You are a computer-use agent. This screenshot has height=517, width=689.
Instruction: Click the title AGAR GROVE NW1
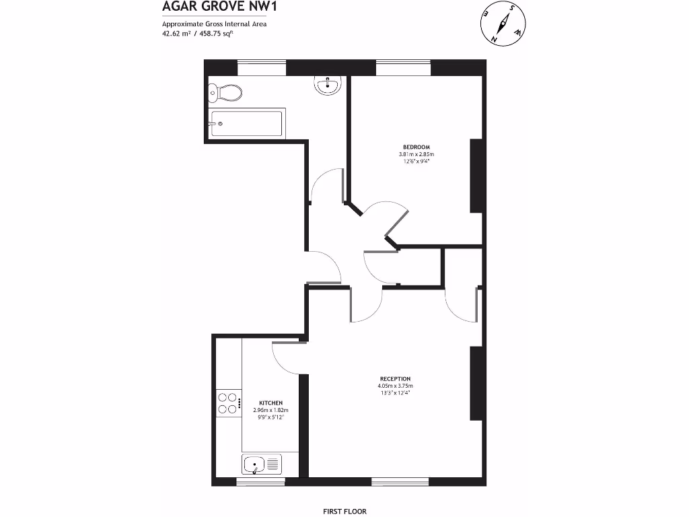[x=210, y=7]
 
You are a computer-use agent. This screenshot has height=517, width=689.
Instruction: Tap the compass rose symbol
[x=503, y=24]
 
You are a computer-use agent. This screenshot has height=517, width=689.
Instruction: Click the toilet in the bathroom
[x=225, y=92]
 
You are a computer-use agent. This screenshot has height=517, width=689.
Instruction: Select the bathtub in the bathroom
[x=246, y=124]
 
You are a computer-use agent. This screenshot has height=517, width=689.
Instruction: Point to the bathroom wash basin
[x=328, y=84]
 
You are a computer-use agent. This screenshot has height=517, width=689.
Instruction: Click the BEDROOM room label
[x=416, y=147]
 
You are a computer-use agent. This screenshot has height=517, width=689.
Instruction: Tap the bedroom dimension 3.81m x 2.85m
[x=416, y=154]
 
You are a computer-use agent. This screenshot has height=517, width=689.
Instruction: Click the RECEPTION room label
[x=395, y=378]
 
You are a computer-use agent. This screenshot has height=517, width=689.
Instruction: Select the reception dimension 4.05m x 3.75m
[x=395, y=386]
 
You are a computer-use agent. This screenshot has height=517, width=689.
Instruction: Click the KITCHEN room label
[x=271, y=403]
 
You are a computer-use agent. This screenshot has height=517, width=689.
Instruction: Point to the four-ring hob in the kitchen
[x=227, y=403]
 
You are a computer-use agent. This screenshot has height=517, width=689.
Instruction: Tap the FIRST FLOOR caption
[x=344, y=512]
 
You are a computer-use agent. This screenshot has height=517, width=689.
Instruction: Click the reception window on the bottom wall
[x=400, y=481]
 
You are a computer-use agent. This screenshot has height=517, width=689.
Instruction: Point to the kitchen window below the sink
[x=260, y=481]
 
